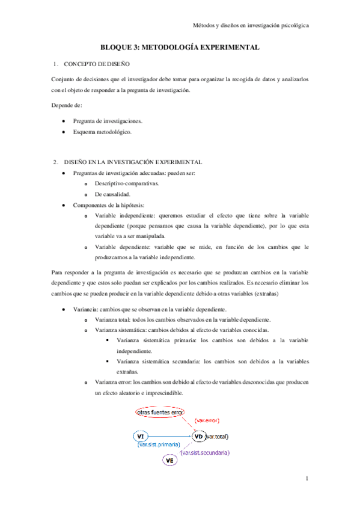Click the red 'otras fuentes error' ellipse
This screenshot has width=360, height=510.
tap(160, 413)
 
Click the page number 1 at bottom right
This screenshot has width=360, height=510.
tap(307, 479)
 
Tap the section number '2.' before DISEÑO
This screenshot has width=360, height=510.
tap(55, 162)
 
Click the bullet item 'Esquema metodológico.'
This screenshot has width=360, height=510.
tap(102, 131)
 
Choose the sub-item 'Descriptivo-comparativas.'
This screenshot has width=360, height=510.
tap(127, 183)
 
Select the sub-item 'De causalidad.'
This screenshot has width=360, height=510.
tap(112, 194)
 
